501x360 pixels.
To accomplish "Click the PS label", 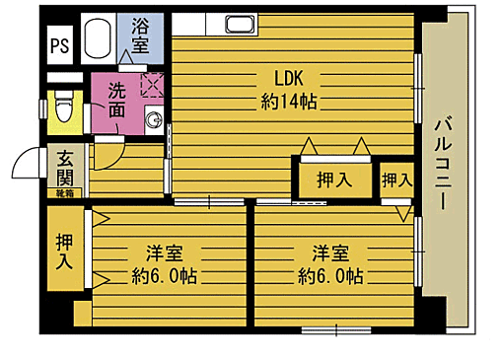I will [59, 43].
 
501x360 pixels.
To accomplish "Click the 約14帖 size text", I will [290, 101].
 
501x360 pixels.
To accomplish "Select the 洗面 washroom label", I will [116, 103].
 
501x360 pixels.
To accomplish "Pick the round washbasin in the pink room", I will [154, 121].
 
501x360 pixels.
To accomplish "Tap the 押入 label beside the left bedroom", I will [63, 252].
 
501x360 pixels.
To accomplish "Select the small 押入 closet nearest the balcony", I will [396, 180].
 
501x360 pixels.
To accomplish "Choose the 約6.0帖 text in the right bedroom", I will [332, 275].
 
